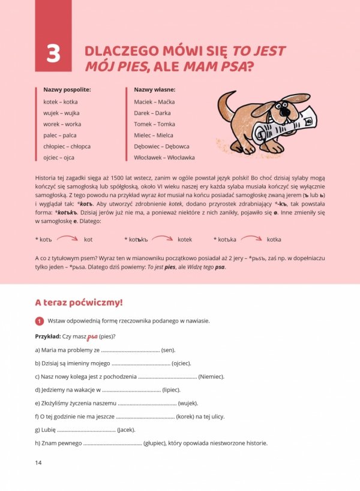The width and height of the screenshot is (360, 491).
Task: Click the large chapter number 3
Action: tap(53, 55)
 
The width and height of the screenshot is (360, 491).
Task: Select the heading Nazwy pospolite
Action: tap(67, 89)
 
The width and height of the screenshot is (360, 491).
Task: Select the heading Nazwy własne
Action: tap(155, 89)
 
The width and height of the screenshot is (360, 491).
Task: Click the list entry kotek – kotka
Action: tap(61, 101)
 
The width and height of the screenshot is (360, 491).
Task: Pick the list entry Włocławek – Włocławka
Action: tap(164, 158)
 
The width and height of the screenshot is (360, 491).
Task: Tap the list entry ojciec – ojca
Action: tap(59, 158)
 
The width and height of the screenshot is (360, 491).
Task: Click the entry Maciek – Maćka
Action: tap(154, 101)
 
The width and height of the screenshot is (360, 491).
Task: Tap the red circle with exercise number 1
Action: tap(40, 321)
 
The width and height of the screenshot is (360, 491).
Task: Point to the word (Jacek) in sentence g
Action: tap(126, 429)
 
